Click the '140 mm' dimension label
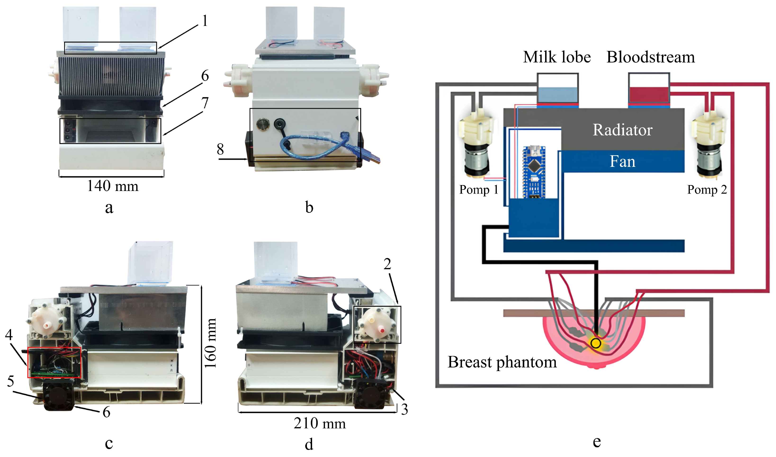pos(113,186)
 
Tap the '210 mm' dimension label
pos(320,423)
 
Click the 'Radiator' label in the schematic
pos(623,130)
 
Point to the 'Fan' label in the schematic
pos(623,161)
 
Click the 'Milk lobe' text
pos(557,57)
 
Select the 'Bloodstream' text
pos(651,57)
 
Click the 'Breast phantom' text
pos(502,362)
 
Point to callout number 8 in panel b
pos(220,149)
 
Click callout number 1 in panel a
pos(205,21)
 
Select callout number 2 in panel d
pos(387,264)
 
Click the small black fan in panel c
pos(58,395)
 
